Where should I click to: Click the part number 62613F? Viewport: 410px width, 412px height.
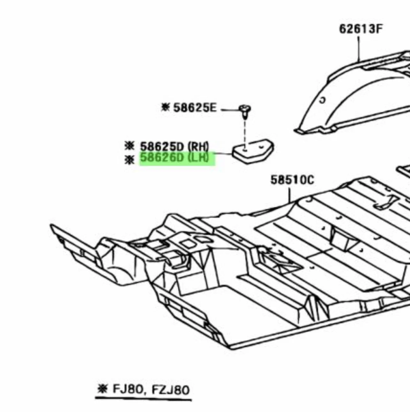pos(361,29)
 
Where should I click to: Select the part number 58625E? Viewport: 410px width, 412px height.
pos(195,108)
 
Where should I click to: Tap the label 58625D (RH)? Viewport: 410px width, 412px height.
pos(174,147)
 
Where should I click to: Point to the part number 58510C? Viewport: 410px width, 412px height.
pos(292,180)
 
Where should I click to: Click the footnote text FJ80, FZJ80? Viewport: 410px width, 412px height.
pos(151,390)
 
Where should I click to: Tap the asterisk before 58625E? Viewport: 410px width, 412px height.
pos(165,107)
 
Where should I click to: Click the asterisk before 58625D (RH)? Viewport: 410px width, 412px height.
pos(129,146)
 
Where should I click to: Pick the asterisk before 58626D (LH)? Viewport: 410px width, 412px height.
pos(129,159)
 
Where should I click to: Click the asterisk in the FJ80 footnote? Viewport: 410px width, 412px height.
pos(102,389)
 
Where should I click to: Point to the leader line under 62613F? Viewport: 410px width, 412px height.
pos(359,48)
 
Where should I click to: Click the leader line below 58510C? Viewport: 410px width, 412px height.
pos(290,195)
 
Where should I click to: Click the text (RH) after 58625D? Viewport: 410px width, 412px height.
pos(198,147)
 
